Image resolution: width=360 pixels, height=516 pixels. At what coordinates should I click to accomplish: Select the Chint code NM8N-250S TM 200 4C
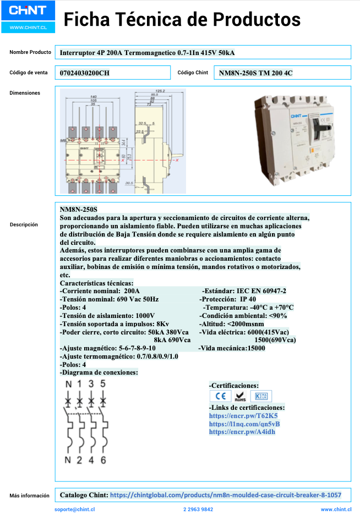255,73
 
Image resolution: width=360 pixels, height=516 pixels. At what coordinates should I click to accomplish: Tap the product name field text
147,53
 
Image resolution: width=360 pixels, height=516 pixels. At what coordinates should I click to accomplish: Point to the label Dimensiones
25,93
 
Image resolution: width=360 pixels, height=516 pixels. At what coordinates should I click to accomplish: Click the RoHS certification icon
240,396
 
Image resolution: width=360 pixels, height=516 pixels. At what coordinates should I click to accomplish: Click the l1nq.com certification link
244,424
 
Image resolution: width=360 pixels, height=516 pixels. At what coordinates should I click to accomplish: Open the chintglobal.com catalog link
226,495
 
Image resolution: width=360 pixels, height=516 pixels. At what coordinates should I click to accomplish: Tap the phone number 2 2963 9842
198,510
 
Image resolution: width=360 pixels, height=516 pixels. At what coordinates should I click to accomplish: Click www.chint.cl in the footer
336,510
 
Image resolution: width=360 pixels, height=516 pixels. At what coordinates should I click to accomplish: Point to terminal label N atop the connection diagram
68,383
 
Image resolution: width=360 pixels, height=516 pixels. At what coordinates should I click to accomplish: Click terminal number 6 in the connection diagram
103,460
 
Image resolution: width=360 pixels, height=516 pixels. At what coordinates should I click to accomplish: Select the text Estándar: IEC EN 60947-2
244,291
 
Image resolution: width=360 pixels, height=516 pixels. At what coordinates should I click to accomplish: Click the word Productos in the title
257,20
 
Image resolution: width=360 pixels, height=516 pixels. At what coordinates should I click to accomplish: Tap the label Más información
29,496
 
